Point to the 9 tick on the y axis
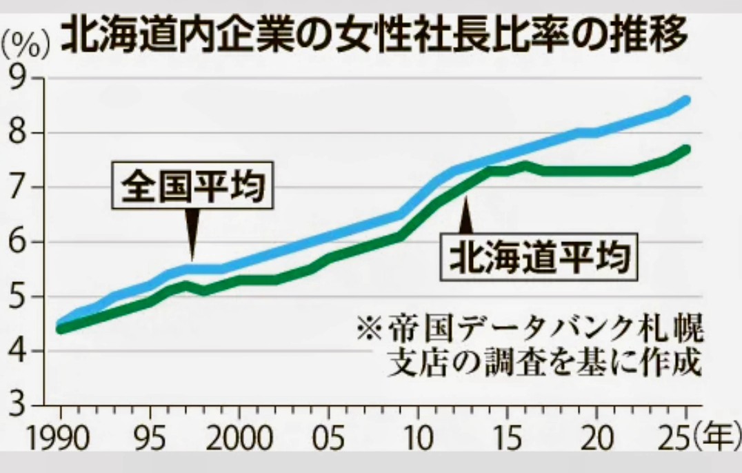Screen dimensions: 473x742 click(x=26, y=79)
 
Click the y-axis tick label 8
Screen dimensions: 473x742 click(x=26, y=133)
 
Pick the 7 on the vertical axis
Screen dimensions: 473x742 click(x=26, y=188)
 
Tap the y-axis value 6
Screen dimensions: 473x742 click(x=26, y=242)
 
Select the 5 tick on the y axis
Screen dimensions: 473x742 click(x=26, y=296)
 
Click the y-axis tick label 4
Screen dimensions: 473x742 click(x=26, y=351)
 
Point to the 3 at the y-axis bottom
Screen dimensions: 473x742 click(x=26, y=405)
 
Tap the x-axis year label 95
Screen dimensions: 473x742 click(x=150, y=441)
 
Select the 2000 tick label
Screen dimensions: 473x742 click(x=239, y=441)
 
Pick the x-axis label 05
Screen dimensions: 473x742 click(x=329, y=441)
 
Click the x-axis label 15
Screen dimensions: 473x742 click(x=507, y=441)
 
